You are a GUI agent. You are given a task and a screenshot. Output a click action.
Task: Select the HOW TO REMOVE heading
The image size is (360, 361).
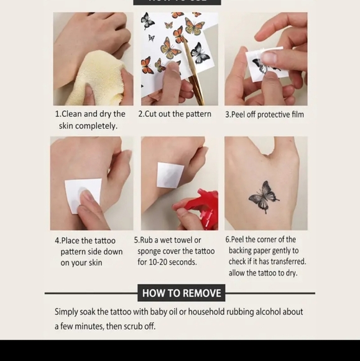pos(181,293)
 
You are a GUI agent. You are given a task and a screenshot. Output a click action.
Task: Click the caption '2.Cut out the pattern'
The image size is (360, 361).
pos(175,114)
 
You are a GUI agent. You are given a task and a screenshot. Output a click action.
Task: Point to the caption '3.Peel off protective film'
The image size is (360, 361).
pos(264,115)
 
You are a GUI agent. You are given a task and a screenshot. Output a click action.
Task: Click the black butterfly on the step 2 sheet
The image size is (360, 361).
pos(200,53)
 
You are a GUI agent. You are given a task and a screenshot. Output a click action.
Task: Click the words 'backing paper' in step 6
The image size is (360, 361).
pos(251,251)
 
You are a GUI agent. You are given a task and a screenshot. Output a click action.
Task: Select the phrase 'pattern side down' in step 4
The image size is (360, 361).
pos(91,251)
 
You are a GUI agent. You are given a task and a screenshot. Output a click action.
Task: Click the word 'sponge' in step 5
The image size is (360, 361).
pos(149,251)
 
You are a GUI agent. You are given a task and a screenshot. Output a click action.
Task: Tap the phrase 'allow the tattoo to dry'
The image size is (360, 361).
pos(263,273)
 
